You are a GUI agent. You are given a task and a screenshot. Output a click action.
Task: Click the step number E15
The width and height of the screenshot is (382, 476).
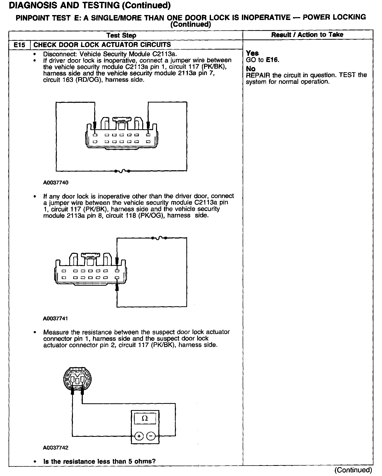19,45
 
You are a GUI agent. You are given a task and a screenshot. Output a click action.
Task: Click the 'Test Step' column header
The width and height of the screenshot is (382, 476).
121,35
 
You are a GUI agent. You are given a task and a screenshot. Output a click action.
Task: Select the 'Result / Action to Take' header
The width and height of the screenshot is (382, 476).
307,35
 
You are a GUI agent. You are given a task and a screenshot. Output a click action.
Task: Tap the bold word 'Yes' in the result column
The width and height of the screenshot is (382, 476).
252,53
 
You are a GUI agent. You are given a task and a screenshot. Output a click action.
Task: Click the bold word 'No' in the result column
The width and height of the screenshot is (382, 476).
251,69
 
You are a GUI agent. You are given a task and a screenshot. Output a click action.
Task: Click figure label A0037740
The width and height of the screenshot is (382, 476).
56,182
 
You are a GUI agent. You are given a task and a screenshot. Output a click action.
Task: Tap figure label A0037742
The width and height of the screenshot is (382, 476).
56,448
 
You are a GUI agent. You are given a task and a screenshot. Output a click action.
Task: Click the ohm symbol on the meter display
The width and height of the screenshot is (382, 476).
145,418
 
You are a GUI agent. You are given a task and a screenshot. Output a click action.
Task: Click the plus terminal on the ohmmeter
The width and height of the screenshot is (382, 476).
139,436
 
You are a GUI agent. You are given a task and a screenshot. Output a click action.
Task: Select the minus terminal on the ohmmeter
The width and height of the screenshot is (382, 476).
151,436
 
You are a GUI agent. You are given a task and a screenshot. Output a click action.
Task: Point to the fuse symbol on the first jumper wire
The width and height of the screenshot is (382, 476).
122,171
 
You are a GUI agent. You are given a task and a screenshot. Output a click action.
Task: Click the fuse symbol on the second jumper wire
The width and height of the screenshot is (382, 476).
159,238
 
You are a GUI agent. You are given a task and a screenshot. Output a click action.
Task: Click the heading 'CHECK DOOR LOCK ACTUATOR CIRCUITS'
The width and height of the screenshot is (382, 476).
102,45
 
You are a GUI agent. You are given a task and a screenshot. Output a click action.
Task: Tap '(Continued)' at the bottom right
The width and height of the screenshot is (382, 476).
353,470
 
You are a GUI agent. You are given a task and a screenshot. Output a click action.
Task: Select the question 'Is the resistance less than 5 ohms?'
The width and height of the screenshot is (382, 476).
99,461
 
